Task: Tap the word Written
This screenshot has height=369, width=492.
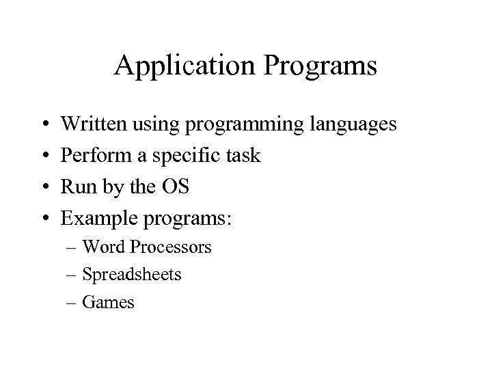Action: pyautogui.click(x=93, y=125)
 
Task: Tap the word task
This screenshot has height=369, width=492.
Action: pyautogui.click(x=241, y=156)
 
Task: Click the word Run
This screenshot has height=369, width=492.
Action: pyautogui.click(x=76, y=187)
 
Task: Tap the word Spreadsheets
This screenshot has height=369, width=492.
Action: pyautogui.click(x=132, y=275)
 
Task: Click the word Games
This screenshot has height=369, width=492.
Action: pyautogui.click(x=108, y=302)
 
